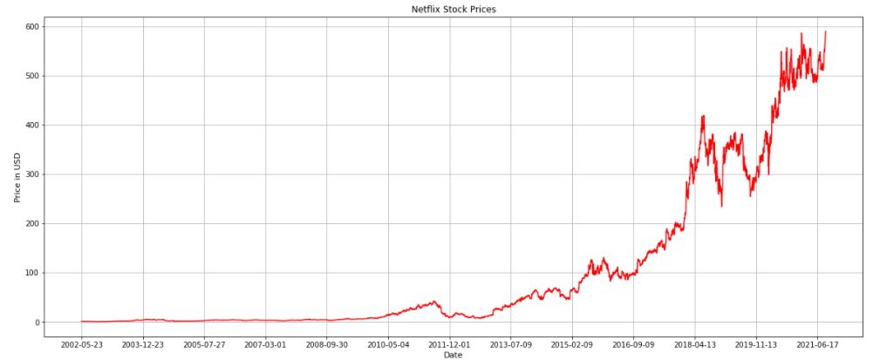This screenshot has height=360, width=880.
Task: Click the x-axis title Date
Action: (453, 355)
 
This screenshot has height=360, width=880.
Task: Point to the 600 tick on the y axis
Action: (33, 26)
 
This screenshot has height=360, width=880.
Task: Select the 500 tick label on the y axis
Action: (33, 76)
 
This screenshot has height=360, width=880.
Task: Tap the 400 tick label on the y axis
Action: (33, 125)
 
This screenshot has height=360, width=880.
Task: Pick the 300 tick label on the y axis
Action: (33, 174)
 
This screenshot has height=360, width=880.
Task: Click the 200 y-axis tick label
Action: (33, 223)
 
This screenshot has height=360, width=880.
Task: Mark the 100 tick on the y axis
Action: (33, 273)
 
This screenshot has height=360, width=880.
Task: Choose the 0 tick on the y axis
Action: (38, 323)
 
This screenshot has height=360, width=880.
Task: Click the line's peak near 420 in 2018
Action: (702, 116)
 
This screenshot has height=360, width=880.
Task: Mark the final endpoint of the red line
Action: (826, 32)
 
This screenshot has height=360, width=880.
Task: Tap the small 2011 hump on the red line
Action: (433, 302)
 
